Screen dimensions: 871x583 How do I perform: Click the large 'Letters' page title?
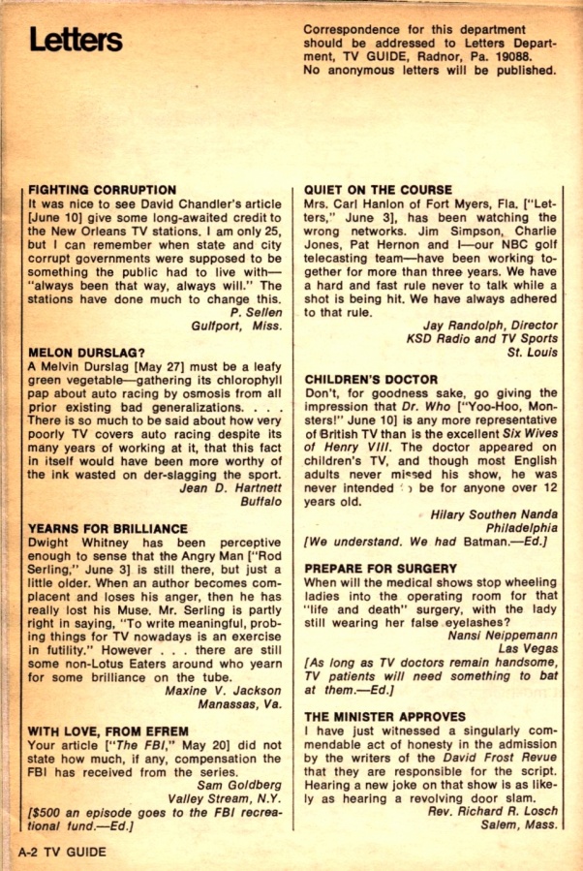(76, 41)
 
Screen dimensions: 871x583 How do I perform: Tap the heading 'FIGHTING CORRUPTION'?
(103, 190)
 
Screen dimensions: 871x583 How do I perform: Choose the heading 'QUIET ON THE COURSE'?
(378, 190)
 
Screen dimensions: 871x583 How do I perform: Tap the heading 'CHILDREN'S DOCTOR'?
(371, 378)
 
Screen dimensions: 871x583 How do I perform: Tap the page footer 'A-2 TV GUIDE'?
(61, 852)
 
